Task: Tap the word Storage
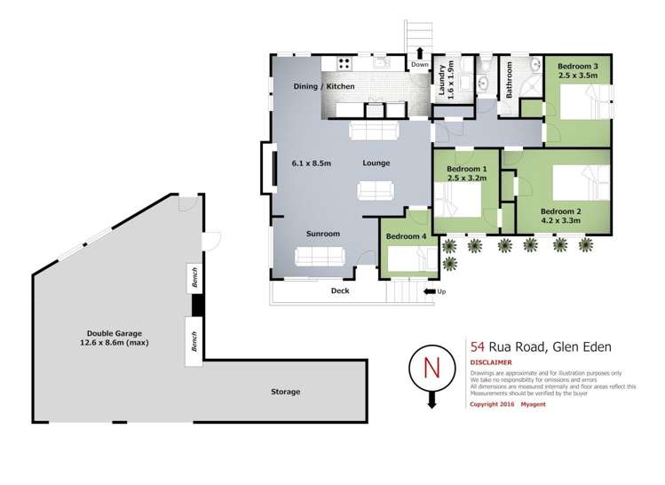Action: (x=285, y=392)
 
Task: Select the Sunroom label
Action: (x=323, y=234)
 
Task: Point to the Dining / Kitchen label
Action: (x=324, y=86)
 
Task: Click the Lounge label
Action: (x=376, y=163)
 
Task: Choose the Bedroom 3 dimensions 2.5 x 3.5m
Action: (x=577, y=76)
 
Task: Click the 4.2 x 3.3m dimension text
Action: (x=560, y=220)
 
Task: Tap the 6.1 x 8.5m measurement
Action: (x=311, y=163)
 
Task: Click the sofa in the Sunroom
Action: (x=321, y=257)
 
